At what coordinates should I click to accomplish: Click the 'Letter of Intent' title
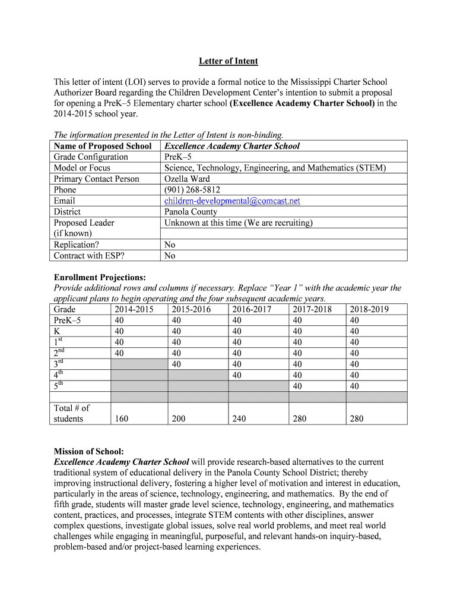pyautogui.click(x=228, y=61)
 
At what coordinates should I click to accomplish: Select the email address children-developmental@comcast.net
pyautogui.click(x=232, y=201)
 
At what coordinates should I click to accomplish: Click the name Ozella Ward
pyautogui.click(x=187, y=179)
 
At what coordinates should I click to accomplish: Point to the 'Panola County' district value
pyautogui.click(x=191, y=212)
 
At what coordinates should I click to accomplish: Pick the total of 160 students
pyautogui.click(x=119, y=419)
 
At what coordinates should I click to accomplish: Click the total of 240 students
pyautogui.click(x=239, y=419)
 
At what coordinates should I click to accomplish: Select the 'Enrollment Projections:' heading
pyautogui.click(x=99, y=277)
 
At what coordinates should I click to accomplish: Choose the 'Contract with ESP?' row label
pyautogui.click(x=90, y=256)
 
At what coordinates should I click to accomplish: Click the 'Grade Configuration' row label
pyautogui.click(x=91, y=157)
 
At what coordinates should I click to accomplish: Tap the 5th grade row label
pyautogui.click(x=58, y=387)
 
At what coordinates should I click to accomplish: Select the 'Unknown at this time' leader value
pyautogui.click(x=238, y=223)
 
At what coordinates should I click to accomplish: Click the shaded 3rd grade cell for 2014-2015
pyautogui.click(x=139, y=364)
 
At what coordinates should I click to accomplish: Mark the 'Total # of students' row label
pyautogui.click(x=71, y=413)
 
